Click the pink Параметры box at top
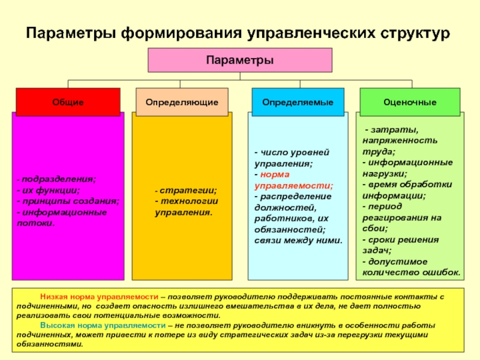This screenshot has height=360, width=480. (x=240, y=61)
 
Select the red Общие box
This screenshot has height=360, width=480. (x=68, y=102)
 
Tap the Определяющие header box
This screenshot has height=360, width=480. (x=182, y=102)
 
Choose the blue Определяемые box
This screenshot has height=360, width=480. (x=298, y=102)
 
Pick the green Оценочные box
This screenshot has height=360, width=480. (x=410, y=102)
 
